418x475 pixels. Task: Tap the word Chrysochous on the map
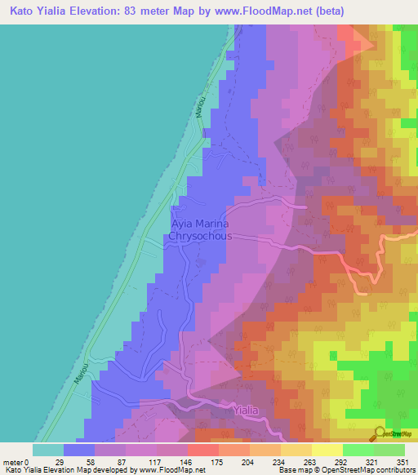tap(200, 236)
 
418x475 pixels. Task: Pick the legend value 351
tap(402, 461)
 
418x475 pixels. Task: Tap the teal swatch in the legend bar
tap(48, 450)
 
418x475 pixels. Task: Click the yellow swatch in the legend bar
tap(327, 450)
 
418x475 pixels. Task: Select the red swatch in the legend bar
tap(202, 450)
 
